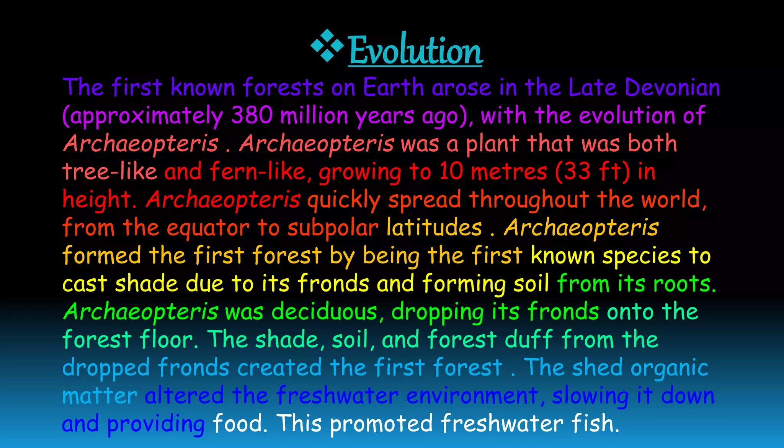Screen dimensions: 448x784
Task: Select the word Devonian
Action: (x=672, y=87)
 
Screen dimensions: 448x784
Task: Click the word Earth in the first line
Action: (x=393, y=87)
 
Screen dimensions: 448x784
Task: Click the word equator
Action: (x=208, y=228)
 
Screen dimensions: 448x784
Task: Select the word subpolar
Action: (x=333, y=228)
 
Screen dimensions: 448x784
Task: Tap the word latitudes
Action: (x=434, y=227)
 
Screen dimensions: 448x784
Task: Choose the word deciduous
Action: (x=324, y=311)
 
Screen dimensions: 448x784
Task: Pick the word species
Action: (x=642, y=256)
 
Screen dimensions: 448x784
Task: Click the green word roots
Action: (x=684, y=284)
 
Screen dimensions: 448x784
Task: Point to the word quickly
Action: (x=344, y=200)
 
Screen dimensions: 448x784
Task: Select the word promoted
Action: (x=381, y=423)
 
